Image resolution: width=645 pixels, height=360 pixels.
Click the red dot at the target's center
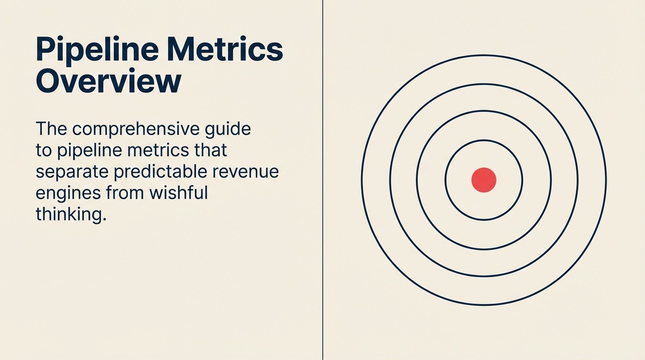484,180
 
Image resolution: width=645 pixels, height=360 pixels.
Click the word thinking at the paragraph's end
71,214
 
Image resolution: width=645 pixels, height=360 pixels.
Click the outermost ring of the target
361,180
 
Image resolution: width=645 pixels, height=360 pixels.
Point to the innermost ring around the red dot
445,180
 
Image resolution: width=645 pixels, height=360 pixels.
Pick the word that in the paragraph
211,150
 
